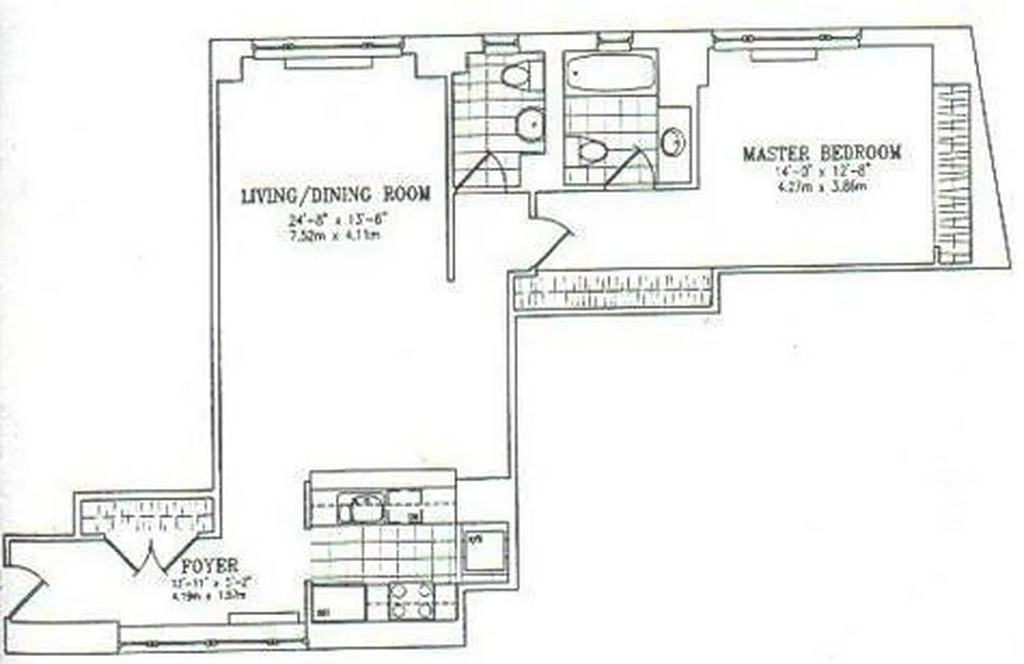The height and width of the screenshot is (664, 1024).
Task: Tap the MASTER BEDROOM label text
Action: (x=821, y=154)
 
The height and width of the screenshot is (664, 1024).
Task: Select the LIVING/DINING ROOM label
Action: (x=335, y=196)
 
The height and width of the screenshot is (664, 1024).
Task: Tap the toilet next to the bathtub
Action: (x=592, y=149)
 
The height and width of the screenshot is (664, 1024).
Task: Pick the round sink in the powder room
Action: (x=528, y=125)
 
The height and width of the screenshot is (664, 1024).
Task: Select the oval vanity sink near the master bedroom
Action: (x=673, y=142)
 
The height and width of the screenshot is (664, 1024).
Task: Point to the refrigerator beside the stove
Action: (x=338, y=602)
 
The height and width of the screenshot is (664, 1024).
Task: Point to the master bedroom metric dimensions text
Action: (x=821, y=186)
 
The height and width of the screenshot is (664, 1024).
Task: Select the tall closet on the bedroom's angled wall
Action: (x=953, y=173)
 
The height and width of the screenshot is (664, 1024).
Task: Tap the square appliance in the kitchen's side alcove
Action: (x=484, y=549)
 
